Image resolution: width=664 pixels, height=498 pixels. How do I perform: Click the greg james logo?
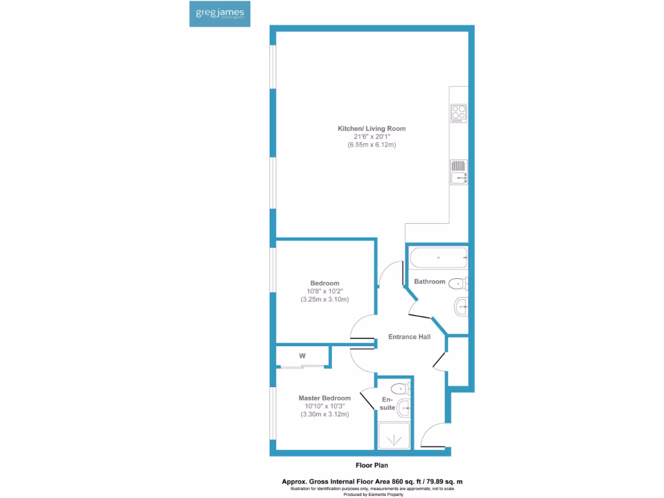(216, 14)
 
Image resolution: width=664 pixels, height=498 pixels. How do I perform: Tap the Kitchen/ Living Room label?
(372, 128)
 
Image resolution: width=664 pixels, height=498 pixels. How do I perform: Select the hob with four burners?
(459, 113)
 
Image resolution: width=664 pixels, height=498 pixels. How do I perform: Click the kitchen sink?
(459, 173)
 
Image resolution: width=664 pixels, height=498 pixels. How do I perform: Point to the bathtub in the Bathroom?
(438, 257)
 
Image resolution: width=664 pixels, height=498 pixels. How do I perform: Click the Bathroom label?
(430, 281)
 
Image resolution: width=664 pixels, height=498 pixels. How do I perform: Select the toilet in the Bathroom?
(458, 283)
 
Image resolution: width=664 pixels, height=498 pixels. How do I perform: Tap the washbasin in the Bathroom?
(462, 305)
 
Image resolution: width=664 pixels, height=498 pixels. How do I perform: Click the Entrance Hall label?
(409, 337)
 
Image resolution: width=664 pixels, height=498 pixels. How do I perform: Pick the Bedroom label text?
(325, 283)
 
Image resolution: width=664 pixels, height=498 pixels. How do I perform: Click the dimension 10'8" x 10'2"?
(325, 292)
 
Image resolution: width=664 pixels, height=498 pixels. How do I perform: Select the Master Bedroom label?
(325, 398)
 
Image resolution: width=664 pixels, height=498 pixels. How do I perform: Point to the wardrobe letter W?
(302, 356)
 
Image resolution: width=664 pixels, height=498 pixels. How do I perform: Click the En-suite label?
(388, 403)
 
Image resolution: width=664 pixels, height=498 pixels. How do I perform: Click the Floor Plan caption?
(372, 465)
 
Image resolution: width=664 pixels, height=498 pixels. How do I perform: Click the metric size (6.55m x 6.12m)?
(372, 145)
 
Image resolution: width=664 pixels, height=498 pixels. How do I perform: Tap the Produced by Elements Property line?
(372, 495)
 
